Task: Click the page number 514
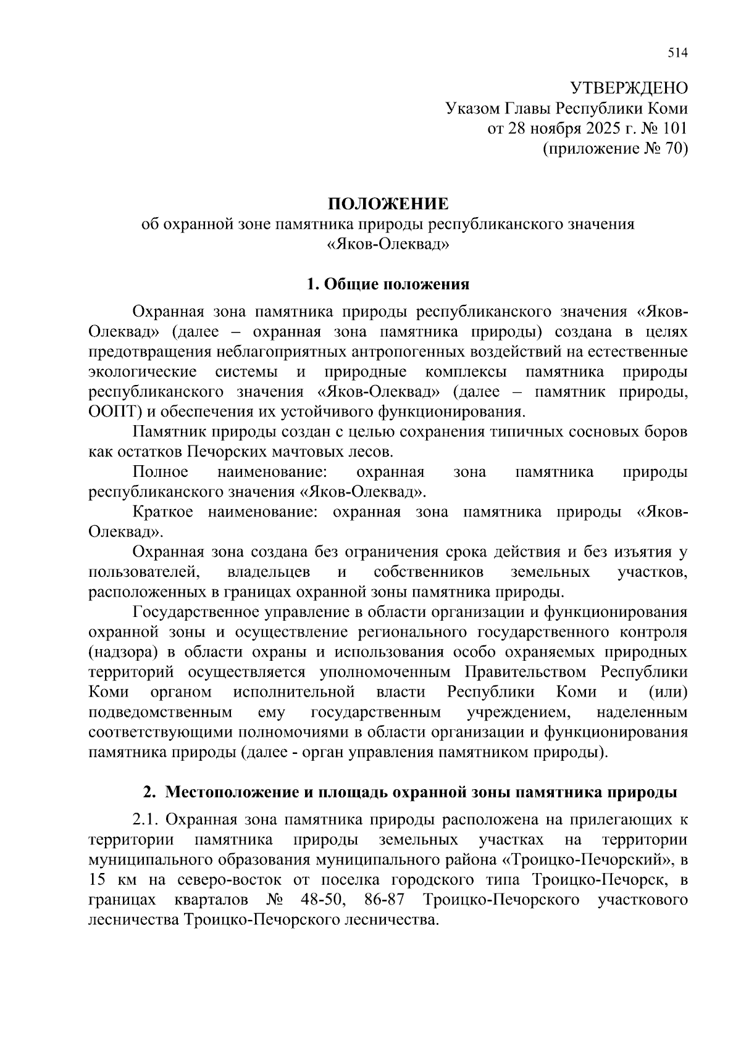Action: coord(677,53)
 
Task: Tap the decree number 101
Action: coord(674,128)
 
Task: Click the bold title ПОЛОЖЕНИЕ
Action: coord(388,204)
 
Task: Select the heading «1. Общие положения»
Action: coord(388,284)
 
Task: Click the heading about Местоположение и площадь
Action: coord(410,792)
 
